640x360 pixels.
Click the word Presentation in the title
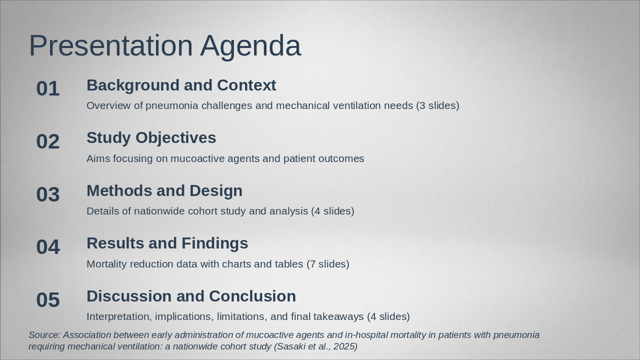click(111, 45)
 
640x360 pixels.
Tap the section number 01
click(48, 88)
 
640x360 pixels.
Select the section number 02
click(48, 141)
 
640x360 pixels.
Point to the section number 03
click(48, 194)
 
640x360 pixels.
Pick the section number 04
click(48, 247)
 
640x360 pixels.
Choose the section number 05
click(48, 299)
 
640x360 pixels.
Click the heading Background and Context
click(181, 85)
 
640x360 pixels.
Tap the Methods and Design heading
click(164, 191)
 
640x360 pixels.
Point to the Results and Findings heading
click(167, 243)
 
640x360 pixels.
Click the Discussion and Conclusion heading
click(191, 296)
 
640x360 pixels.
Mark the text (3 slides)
click(437, 105)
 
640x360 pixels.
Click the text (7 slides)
click(328, 264)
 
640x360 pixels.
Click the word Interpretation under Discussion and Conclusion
click(119, 317)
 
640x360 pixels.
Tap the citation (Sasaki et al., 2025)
click(315, 346)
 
